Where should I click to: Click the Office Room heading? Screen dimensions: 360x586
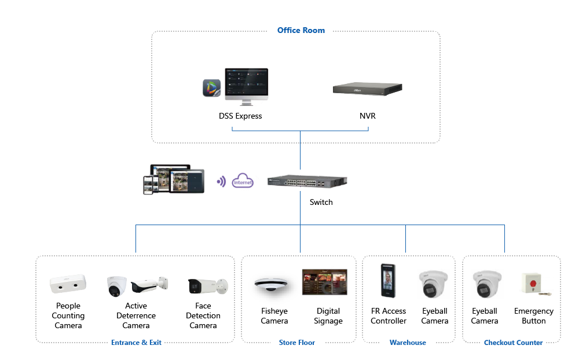coord(301,30)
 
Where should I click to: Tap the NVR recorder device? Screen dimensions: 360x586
coord(367,89)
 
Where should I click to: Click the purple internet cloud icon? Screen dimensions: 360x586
coord(243,181)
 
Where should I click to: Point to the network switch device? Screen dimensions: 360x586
coord(307,181)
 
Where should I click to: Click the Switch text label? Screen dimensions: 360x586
coord(321,202)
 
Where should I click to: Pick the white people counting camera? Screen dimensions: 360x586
coord(68,285)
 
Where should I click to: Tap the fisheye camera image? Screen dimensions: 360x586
coord(274,284)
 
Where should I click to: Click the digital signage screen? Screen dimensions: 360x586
coord(324,282)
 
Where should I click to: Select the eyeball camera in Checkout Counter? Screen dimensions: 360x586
coord(485,284)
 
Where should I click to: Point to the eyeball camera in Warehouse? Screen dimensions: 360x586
coord(434,284)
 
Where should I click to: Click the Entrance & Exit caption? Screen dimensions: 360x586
coord(136,343)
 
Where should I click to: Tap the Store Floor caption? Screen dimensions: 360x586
coord(297,343)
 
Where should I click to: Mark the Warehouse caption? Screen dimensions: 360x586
coord(408,343)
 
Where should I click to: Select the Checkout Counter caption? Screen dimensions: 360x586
coord(513,343)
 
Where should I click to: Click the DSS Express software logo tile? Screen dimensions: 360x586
coord(211,88)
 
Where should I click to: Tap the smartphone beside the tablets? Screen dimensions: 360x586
coord(148,185)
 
